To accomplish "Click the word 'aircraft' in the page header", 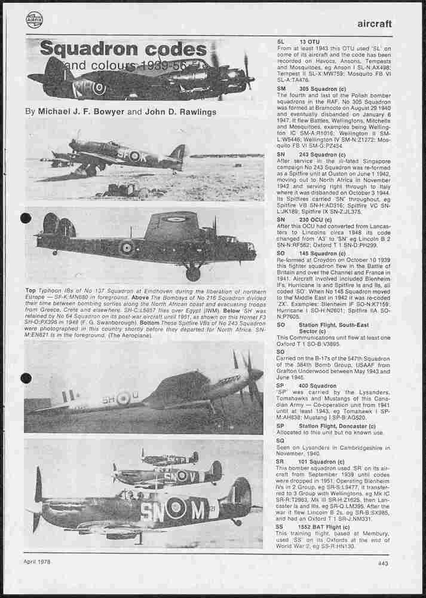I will (374, 24).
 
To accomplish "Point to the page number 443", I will (384, 562).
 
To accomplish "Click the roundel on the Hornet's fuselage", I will (123, 398).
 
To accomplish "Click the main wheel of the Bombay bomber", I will (192, 274).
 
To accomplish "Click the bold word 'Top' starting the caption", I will (30, 290).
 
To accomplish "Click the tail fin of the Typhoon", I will (177, 152).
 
